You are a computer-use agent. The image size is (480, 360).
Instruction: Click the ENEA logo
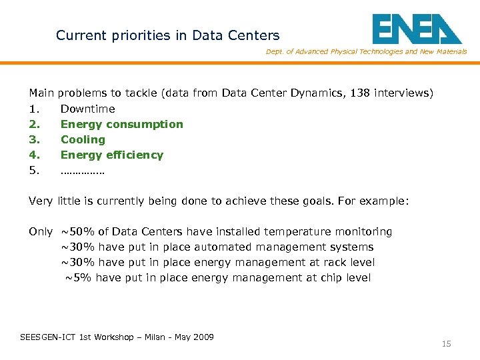pyautogui.click(x=416, y=29)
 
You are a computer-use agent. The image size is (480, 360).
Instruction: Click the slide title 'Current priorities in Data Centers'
pyautogui.click(x=168, y=35)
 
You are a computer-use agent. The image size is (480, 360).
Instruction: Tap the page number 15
pyautogui.click(x=446, y=344)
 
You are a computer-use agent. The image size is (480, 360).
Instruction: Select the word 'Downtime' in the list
pyautogui.click(x=87, y=109)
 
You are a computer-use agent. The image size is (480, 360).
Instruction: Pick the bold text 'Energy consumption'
pyautogui.click(x=121, y=124)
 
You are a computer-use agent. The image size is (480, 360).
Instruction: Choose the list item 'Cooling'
pyautogui.click(x=83, y=139)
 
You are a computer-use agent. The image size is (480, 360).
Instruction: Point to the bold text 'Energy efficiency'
pyautogui.click(x=111, y=155)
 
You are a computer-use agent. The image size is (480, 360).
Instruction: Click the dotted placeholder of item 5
pyautogui.click(x=82, y=171)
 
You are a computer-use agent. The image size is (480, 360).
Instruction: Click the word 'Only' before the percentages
pyautogui.click(x=41, y=232)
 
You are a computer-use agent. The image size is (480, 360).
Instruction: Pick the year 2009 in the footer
pyautogui.click(x=203, y=337)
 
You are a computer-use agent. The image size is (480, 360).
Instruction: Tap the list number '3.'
pyautogui.click(x=34, y=139)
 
